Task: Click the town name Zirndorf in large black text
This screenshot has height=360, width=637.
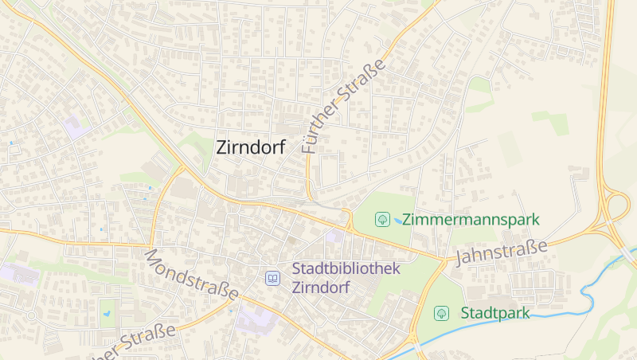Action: point(251,147)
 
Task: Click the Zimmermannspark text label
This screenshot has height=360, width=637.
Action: point(471,219)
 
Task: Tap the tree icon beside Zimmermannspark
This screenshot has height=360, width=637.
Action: point(382,219)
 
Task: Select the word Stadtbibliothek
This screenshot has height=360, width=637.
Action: point(346,269)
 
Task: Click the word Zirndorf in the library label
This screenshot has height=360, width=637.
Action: point(322,288)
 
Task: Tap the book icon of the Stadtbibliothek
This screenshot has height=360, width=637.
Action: point(273,278)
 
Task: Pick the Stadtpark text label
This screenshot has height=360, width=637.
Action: point(495,313)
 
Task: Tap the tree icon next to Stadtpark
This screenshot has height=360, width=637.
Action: point(440,313)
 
